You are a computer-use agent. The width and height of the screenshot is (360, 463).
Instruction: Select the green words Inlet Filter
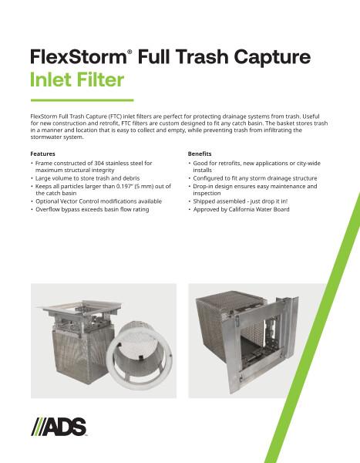click(77, 79)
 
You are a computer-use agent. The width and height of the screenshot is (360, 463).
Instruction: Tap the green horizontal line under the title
click(81, 100)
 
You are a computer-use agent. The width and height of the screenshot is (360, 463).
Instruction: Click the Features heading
click(42, 154)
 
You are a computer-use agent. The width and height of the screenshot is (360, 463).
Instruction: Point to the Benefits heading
click(200, 154)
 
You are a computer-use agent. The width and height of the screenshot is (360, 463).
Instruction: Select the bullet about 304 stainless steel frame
click(93, 167)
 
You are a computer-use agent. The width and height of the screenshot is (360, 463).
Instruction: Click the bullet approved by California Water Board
click(243, 210)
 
